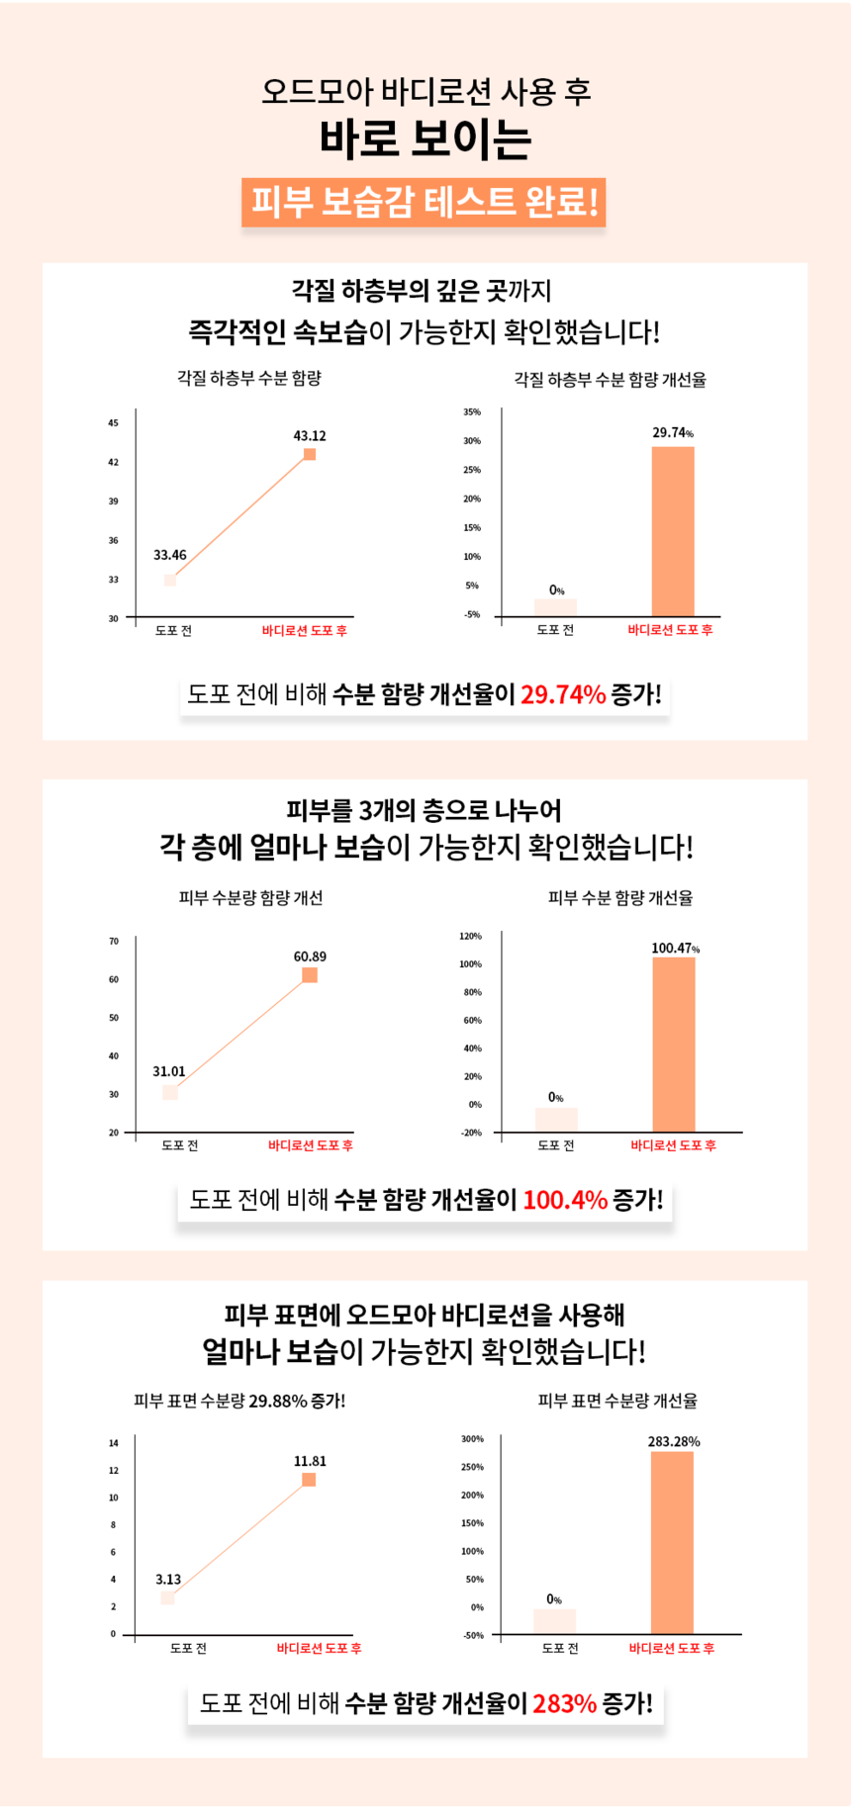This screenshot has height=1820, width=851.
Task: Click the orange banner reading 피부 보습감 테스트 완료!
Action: (x=424, y=203)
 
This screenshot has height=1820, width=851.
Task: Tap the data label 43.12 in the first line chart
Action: (x=310, y=436)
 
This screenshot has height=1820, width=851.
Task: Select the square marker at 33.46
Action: (x=170, y=580)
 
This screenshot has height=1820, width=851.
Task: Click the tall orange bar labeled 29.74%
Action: (x=673, y=532)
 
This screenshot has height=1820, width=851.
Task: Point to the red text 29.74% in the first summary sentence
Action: (x=562, y=694)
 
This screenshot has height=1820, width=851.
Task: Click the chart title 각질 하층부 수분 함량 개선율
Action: (x=610, y=380)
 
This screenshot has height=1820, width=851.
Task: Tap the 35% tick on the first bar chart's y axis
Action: (x=472, y=412)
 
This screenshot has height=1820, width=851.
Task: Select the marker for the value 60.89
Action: (x=310, y=975)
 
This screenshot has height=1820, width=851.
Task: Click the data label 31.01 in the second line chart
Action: (x=169, y=1072)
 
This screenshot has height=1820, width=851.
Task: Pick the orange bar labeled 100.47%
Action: (x=674, y=1045)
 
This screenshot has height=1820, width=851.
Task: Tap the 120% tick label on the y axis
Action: (x=471, y=936)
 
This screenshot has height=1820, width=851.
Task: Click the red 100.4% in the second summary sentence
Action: (x=564, y=1200)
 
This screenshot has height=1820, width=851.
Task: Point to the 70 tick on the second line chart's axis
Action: (x=114, y=942)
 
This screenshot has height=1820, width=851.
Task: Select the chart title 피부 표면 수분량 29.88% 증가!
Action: (x=239, y=1401)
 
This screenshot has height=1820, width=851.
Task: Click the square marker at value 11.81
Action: (x=309, y=1480)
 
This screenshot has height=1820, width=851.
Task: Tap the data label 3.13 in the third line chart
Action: (x=168, y=1580)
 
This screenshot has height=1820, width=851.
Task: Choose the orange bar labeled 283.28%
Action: (x=672, y=1543)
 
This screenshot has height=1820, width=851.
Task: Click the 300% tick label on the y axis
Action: (x=472, y=1439)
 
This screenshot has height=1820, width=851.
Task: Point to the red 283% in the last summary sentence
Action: (x=564, y=1703)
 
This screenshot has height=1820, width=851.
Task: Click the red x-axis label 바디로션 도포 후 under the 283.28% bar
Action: (x=671, y=1649)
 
